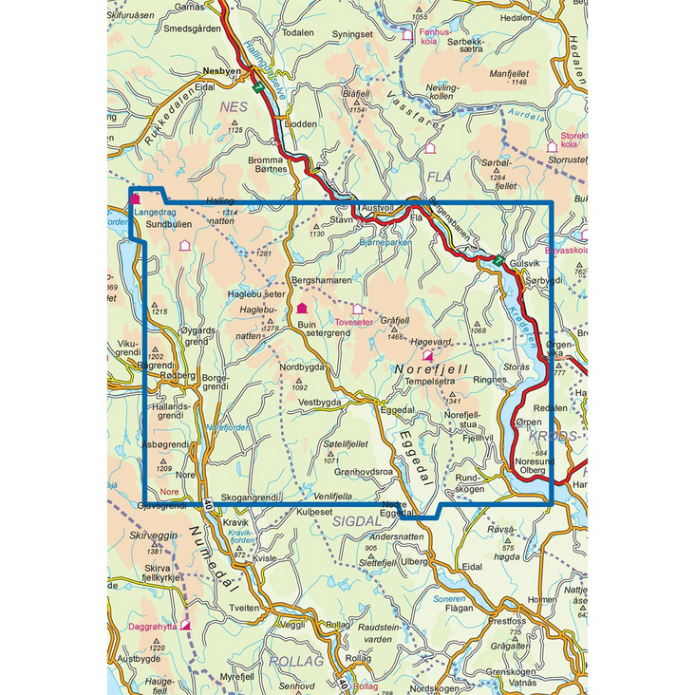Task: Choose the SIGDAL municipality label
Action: (x=356, y=521)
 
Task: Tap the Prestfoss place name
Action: (x=507, y=621)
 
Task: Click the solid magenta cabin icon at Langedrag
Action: (x=136, y=199)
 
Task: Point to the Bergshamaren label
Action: (x=321, y=281)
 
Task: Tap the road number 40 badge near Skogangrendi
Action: (x=207, y=504)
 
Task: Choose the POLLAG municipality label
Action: (x=296, y=661)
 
